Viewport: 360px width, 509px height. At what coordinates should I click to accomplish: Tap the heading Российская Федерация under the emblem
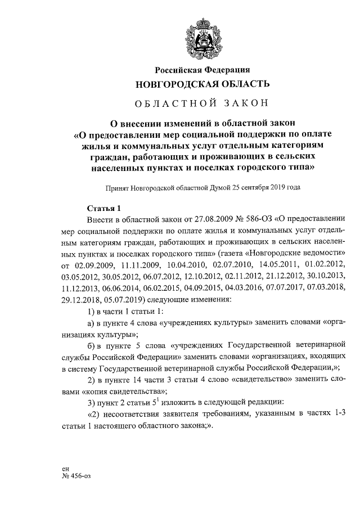(202, 69)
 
